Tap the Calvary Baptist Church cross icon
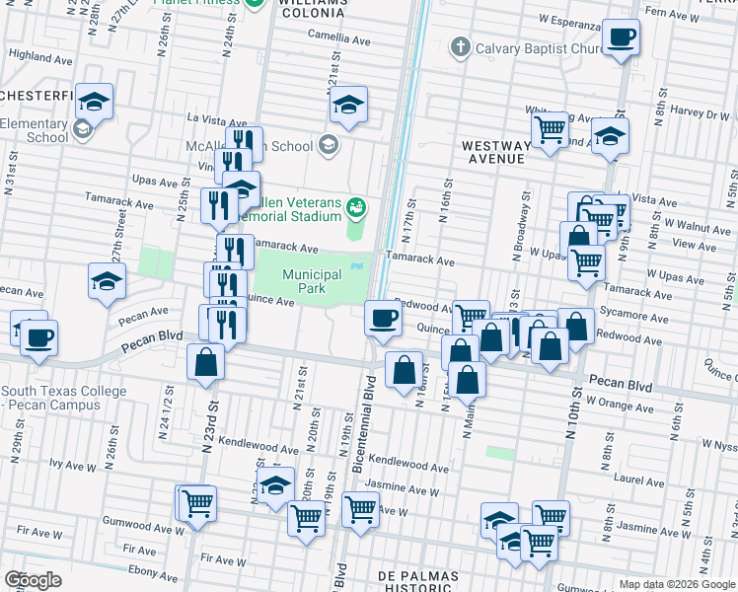tap(459, 47)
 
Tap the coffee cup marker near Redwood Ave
tap(383, 318)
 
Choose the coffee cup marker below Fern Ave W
tap(622, 38)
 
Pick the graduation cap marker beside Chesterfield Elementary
tap(96, 101)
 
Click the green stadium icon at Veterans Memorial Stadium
tap(356, 206)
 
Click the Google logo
tap(33, 579)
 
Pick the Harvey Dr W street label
tap(698, 112)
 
